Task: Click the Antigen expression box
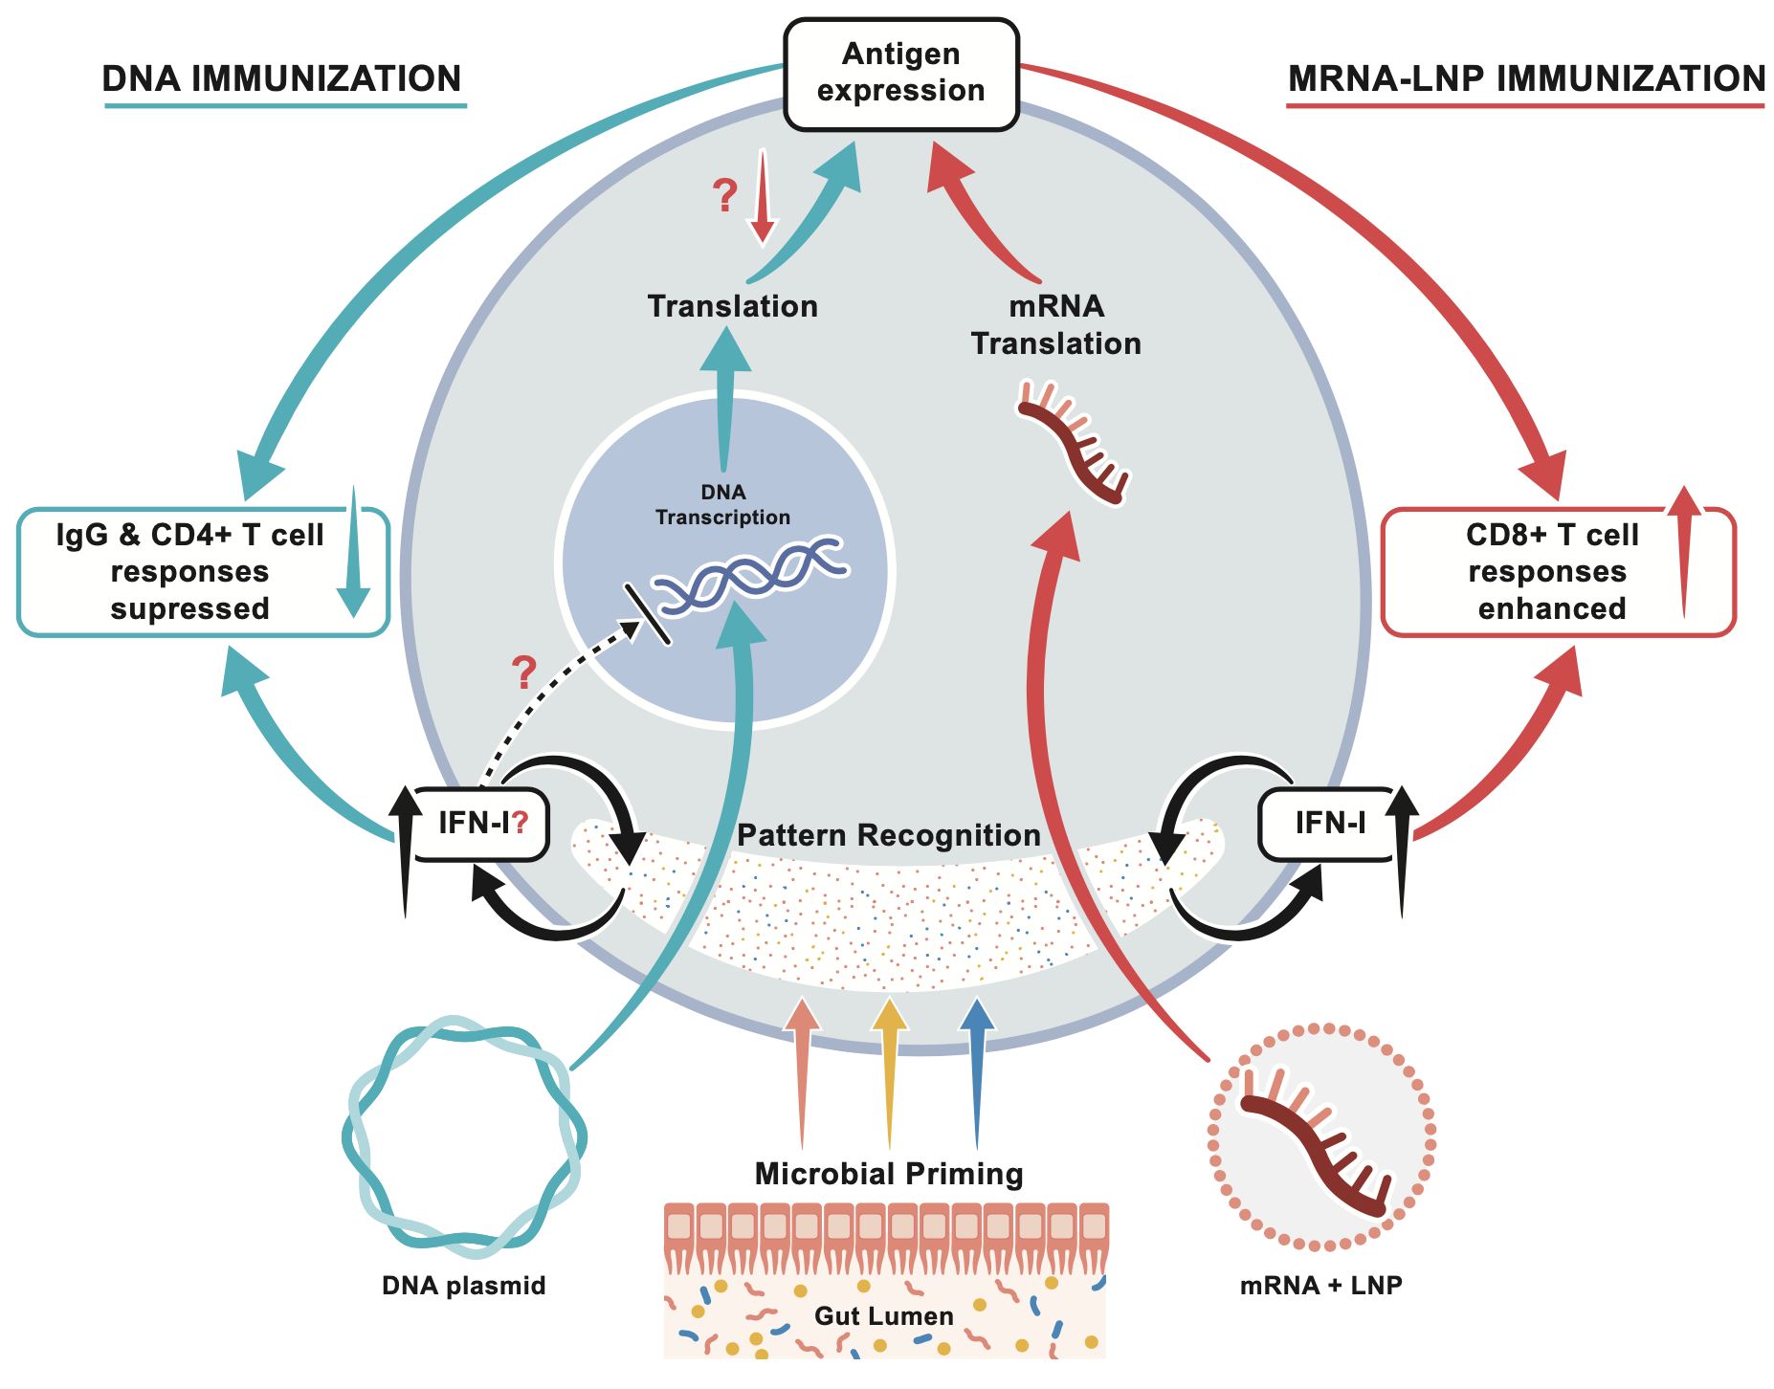point(900,74)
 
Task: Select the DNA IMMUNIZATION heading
point(282,79)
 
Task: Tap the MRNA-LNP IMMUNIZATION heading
point(1526,79)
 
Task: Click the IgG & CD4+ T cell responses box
point(191,572)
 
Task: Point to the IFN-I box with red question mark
point(480,823)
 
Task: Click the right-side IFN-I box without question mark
point(1329,823)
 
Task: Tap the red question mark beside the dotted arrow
point(523,673)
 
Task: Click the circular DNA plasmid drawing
point(464,1140)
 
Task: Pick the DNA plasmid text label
point(464,1286)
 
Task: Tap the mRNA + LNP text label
point(1320,1286)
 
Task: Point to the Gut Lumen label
point(883,1316)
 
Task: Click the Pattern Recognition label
point(888,835)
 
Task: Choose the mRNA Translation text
point(1056,325)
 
